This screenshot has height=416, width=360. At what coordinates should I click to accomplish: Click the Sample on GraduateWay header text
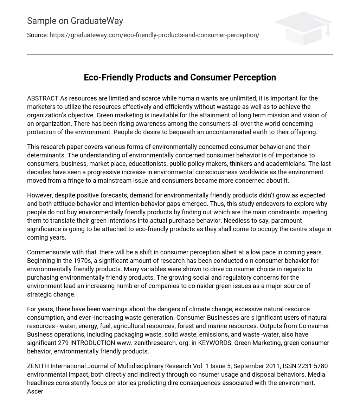pyautogui.click(x=75, y=21)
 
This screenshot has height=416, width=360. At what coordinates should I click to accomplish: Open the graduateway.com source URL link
pyautogui.click(x=154, y=35)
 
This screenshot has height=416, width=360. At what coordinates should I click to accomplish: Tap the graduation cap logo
pyautogui.click(x=303, y=28)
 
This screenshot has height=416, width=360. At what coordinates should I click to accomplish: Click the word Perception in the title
pyautogui.click(x=255, y=77)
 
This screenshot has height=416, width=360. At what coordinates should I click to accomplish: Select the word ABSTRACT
pyautogui.click(x=43, y=98)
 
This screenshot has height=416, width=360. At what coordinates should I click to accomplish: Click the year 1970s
pyautogui.click(x=83, y=261)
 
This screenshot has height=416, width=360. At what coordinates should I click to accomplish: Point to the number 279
pyautogui.click(x=63, y=343)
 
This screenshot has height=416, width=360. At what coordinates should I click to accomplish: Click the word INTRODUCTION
pyautogui.click(x=92, y=343)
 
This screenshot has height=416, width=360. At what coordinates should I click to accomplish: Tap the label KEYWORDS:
pyautogui.click(x=215, y=343)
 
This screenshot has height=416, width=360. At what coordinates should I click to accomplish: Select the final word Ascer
pyautogui.click(x=35, y=391)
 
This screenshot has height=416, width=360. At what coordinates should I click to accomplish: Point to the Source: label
pyautogui.click(x=37, y=35)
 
